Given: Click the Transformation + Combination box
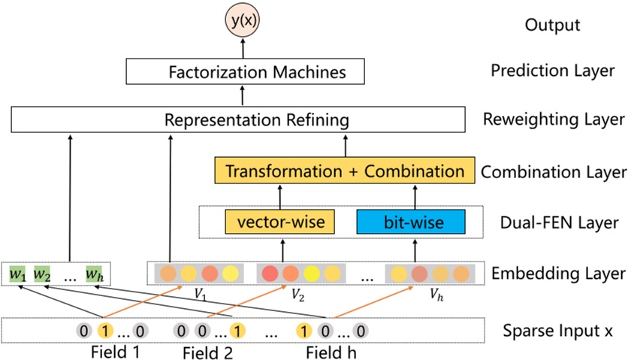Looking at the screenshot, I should click(x=345, y=171).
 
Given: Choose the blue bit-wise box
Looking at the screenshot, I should click(x=411, y=222).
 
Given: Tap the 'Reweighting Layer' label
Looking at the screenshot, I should click(x=554, y=119).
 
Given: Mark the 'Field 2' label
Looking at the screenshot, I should click(x=207, y=352).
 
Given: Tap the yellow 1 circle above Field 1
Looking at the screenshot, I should click(x=105, y=331).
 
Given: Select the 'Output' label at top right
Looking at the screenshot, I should click(x=552, y=25).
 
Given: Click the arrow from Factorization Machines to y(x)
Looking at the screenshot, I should click(x=243, y=49).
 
